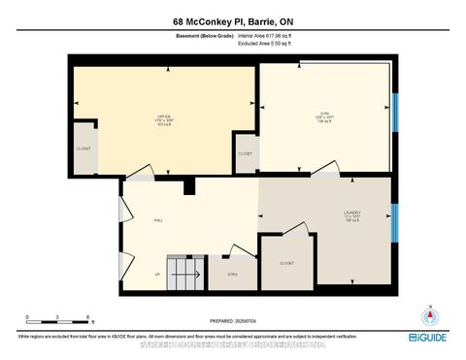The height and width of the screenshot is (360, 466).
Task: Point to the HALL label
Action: pyautogui.click(x=157, y=220)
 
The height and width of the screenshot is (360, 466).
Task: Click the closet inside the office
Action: pyautogui.click(x=83, y=148)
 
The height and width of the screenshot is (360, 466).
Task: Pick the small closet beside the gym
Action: pyautogui.click(x=245, y=153)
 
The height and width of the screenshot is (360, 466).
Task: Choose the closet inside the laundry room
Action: pyautogui.click(x=286, y=263)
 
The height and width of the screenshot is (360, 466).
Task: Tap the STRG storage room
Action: pyautogui.click(x=232, y=274)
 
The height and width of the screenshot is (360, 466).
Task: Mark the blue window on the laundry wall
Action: pyautogui.click(x=394, y=224)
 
